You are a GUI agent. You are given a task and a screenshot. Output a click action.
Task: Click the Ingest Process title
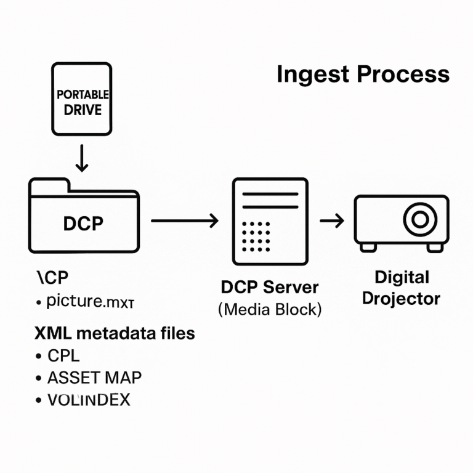click(363, 75)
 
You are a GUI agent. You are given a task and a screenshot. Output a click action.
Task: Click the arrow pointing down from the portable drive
click(81, 158)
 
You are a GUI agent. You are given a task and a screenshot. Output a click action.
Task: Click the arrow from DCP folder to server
click(184, 220)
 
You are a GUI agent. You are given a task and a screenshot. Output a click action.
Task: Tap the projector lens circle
click(421, 219)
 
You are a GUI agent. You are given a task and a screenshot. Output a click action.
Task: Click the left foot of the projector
click(368, 246)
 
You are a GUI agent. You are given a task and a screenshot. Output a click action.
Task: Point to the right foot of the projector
click(435, 246)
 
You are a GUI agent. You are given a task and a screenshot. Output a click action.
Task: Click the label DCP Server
click(270, 287)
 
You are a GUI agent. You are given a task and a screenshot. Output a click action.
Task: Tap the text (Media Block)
click(270, 309)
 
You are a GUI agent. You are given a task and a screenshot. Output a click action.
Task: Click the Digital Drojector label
click(401, 288)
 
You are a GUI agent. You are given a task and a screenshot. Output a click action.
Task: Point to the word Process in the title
click(403, 75)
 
